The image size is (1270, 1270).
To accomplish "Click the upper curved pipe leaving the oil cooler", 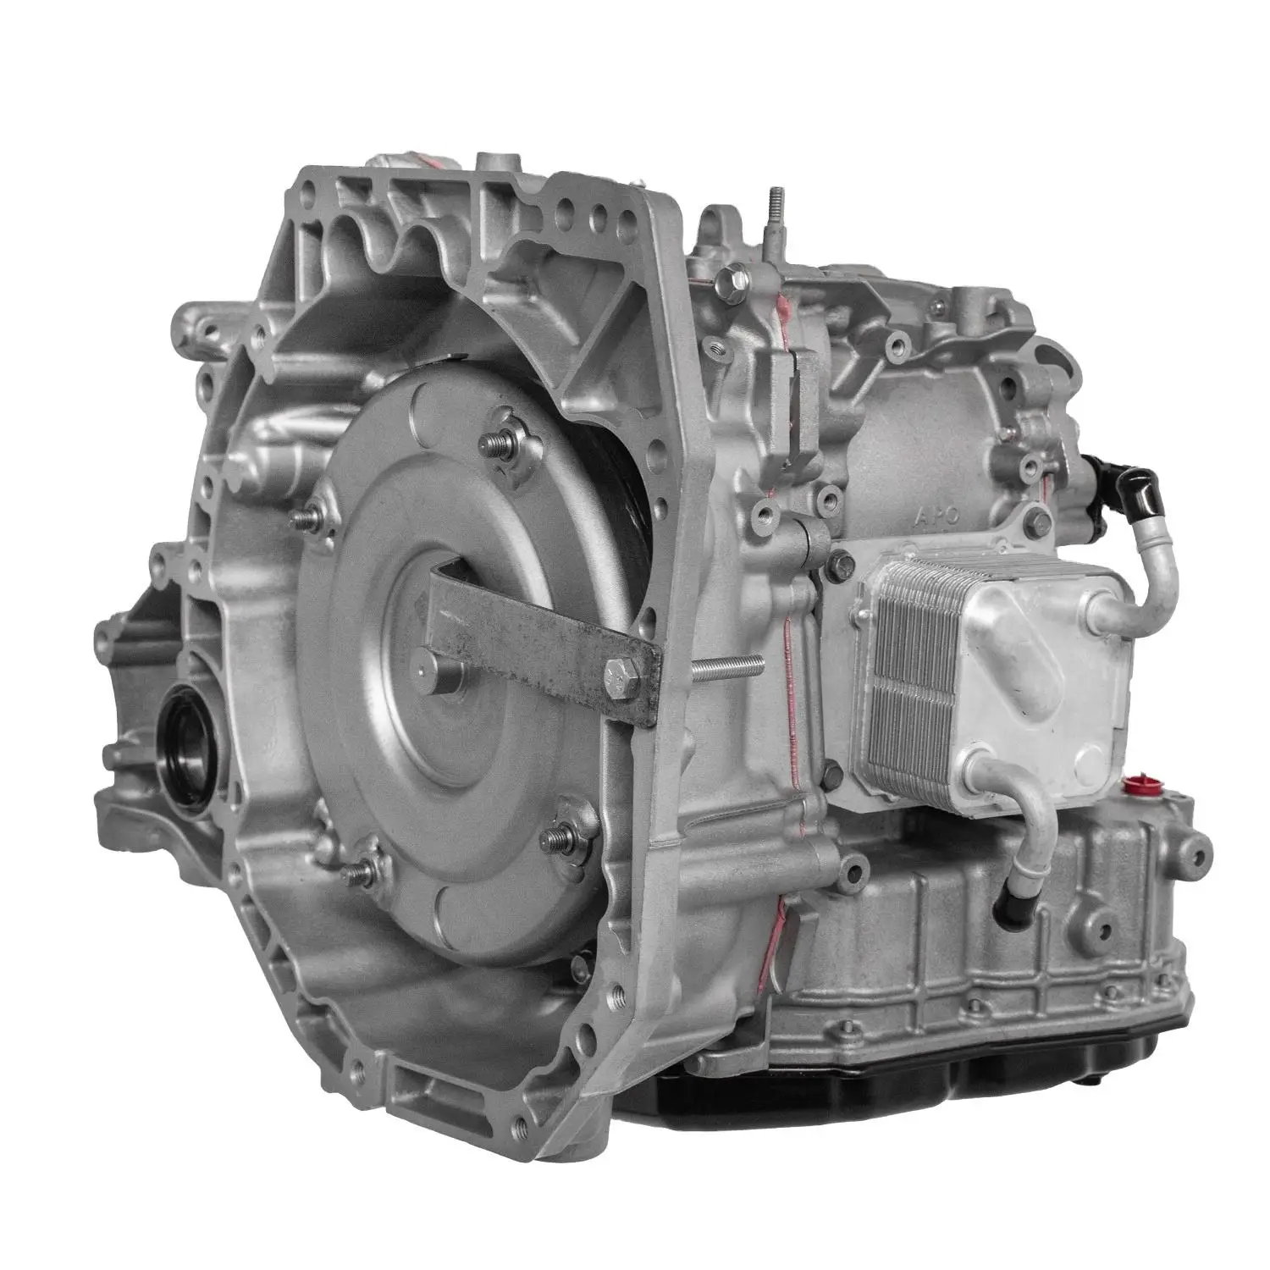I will (x=1143, y=584).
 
